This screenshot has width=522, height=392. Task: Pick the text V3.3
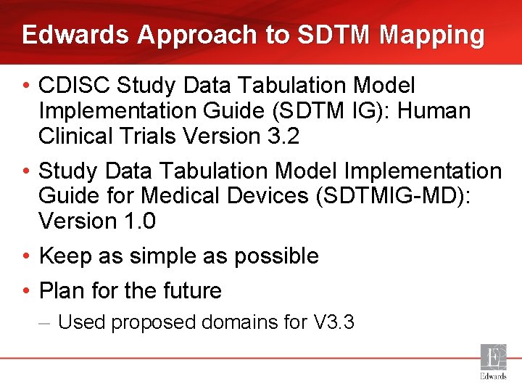(333, 322)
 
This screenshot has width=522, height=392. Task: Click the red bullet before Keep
(25, 256)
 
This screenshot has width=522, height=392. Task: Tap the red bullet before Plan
(25, 291)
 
